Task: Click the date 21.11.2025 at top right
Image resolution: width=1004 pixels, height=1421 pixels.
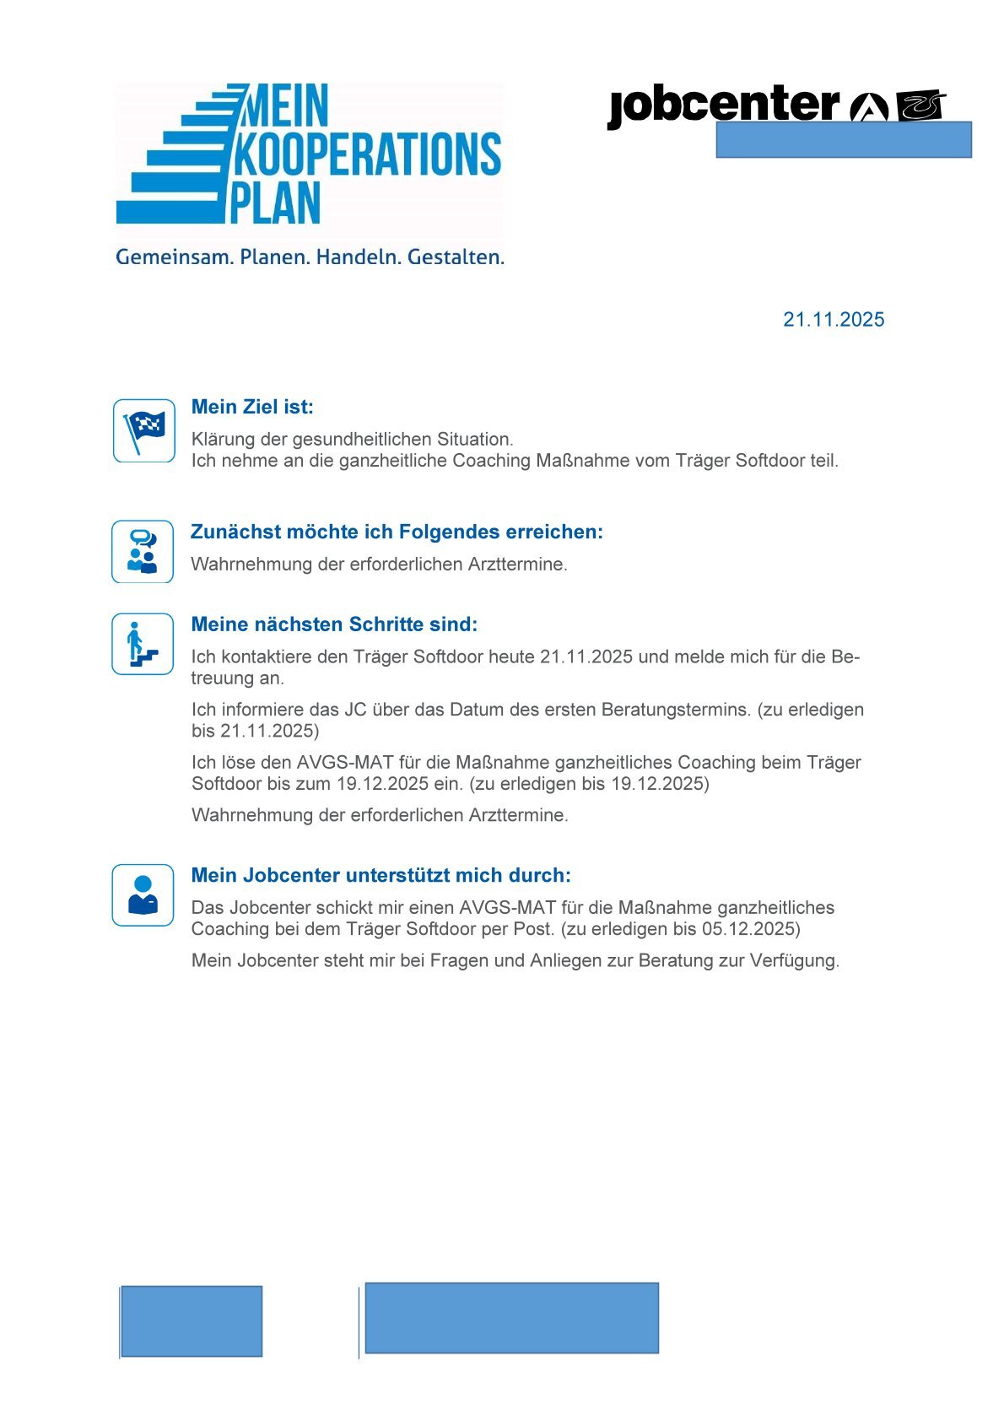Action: (833, 320)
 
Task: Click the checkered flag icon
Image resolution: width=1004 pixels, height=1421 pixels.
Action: (144, 430)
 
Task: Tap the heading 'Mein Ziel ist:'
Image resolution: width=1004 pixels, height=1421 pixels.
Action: (252, 408)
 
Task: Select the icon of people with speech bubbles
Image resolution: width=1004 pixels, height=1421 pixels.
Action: (143, 551)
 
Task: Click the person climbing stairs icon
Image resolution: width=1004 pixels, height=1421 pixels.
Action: (143, 644)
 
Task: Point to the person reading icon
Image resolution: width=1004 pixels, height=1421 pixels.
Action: (143, 894)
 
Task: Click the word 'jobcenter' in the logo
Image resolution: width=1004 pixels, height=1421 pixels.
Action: (723, 106)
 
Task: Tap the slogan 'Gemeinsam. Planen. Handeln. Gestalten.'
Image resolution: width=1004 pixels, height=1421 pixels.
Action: (310, 257)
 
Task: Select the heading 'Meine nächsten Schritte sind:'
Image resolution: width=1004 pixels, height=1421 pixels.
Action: (334, 624)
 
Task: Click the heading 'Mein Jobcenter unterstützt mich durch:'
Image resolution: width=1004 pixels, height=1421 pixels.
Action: (381, 875)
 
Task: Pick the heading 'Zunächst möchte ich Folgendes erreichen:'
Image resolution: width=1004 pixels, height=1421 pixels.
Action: (397, 532)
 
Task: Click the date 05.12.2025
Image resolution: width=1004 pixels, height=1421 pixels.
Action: (750, 929)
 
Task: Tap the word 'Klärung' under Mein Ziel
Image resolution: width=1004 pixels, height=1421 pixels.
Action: (222, 440)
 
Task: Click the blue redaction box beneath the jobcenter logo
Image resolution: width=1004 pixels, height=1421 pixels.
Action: (843, 140)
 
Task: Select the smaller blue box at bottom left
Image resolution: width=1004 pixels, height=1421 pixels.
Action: (192, 1321)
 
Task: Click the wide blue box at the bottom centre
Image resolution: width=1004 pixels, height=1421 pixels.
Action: (511, 1318)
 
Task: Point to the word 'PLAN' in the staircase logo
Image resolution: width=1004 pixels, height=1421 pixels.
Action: (276, 203)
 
